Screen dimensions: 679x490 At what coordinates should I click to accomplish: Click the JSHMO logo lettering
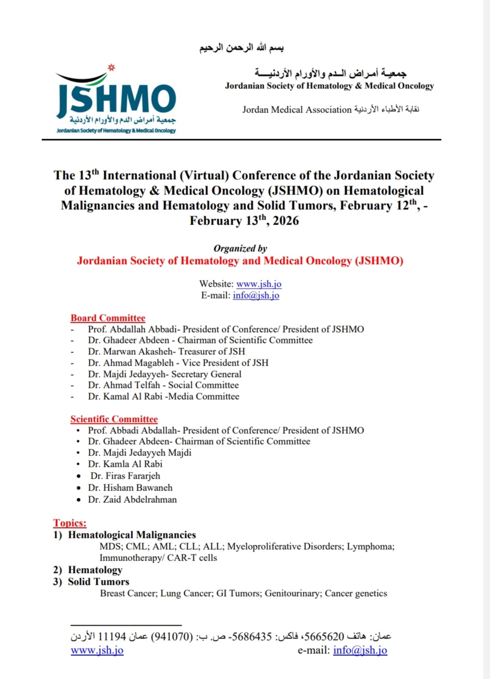(x=117, y=99)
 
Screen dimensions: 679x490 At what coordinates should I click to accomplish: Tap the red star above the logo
(x=112, y=68)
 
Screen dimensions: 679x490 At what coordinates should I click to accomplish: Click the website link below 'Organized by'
(x=259, y=284)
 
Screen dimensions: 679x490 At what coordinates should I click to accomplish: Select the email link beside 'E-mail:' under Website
(x=256, y=296)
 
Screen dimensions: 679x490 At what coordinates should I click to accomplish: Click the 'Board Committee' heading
(x=108, y=318)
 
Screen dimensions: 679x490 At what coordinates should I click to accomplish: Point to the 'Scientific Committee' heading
(x=114, y=419)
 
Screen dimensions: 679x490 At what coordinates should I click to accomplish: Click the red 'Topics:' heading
(x=70, y=523)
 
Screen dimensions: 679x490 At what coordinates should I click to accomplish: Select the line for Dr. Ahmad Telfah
(x=163, y=385)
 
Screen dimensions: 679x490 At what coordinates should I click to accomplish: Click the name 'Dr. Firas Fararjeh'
(x=125, y=476)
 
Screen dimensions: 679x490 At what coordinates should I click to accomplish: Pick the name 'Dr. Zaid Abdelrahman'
(x=132, y=499)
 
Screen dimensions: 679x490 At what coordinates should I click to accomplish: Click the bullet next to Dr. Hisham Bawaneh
(x=79, y=488)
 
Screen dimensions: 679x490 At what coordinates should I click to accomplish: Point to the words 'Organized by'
(x=240, y=248)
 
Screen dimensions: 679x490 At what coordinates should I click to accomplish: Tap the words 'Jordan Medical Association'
(x=296, y=110)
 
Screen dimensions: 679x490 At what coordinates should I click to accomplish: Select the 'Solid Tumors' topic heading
(x=98, y=582)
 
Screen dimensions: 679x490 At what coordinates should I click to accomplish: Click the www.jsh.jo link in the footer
(x=97, y=650)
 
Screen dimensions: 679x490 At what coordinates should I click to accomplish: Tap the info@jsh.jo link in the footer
(x=360, y=650)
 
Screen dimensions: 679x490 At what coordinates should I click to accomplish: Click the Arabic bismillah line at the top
(x=242, y=48)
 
